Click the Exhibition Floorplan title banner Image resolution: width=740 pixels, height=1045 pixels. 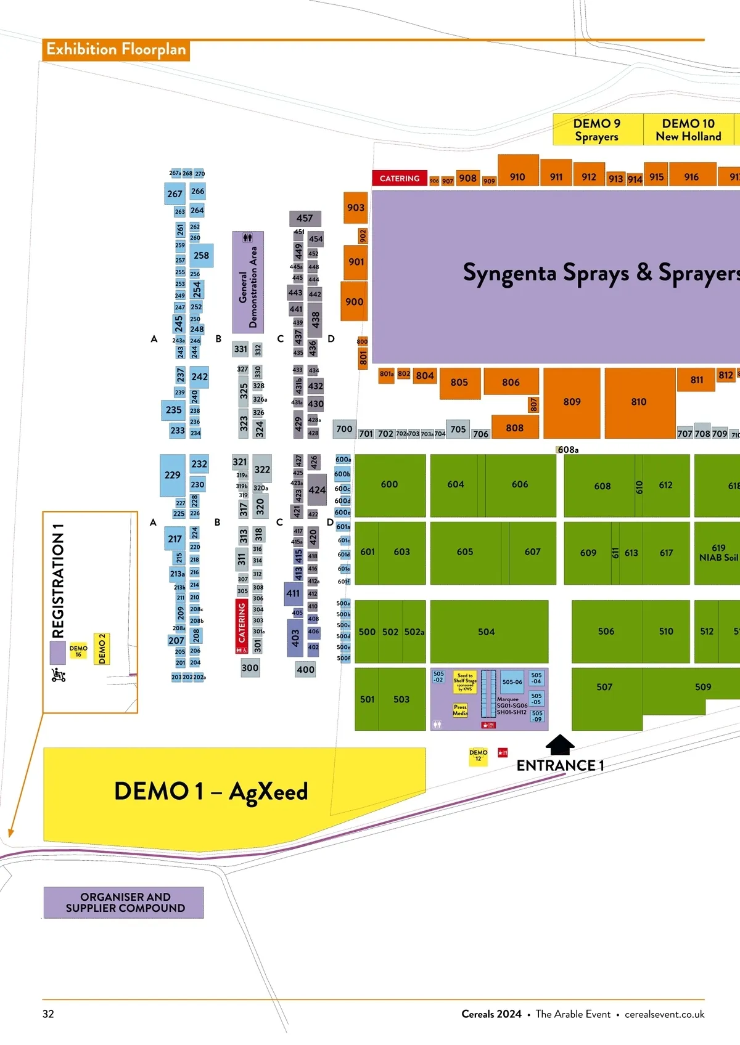click(x=116, y=50)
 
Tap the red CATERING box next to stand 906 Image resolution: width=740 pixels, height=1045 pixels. click(x=400, y=178)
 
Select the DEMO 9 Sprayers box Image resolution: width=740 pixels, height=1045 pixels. click(x=597, y=129)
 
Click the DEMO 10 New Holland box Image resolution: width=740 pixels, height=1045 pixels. click(x=688, y=129)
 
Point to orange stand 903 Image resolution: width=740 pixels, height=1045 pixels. click(x=355, y=208)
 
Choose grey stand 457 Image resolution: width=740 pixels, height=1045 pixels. click(x=305, y=218)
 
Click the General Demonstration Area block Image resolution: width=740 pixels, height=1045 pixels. click(x=248, y=282)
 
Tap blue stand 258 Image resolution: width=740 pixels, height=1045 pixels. click(x=201, y=255)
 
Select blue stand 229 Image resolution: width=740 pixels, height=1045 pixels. click(x=173, y=475)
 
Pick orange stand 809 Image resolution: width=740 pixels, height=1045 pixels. click(x=572, y=402)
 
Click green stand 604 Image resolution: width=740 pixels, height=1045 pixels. click(x=456, y=484)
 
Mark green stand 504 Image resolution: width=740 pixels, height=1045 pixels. click(x=487, y=632)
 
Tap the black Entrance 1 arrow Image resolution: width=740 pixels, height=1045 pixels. click(x=560, y=744)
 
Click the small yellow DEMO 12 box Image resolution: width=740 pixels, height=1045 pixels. click(x=478, y=755)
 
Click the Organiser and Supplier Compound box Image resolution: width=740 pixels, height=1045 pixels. click(x=125, y=903)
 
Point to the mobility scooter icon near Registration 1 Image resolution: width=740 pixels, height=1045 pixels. click(x=59, y=675)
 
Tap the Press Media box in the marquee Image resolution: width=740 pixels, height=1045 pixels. click(x=460, y=710)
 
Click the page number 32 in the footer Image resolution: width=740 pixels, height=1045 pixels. click(x=48, y=1014)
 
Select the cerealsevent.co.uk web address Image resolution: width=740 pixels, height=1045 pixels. click(x=664, y=1014)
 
